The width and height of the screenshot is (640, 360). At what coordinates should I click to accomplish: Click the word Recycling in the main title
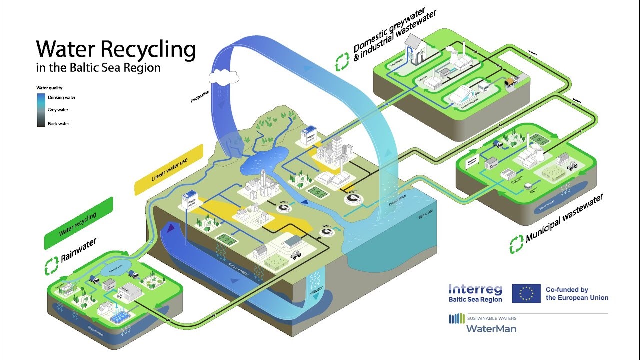point(148,50)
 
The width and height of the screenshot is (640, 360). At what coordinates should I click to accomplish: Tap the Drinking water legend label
point(62,98)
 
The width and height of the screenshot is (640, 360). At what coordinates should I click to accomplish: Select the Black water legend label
point(58,124)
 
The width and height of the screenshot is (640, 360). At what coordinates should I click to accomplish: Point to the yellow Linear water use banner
point(169,170)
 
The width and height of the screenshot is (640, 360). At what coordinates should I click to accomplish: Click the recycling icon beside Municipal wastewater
point(516,244)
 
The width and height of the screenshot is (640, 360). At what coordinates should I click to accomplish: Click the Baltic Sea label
point(426,216)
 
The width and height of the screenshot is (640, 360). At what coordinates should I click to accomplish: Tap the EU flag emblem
point(526,293)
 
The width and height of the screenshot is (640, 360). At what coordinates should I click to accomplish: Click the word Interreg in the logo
point(475,289)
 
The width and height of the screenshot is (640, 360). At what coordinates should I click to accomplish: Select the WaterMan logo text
point(491,328)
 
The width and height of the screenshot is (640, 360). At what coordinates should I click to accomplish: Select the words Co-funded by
point(567,289)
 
